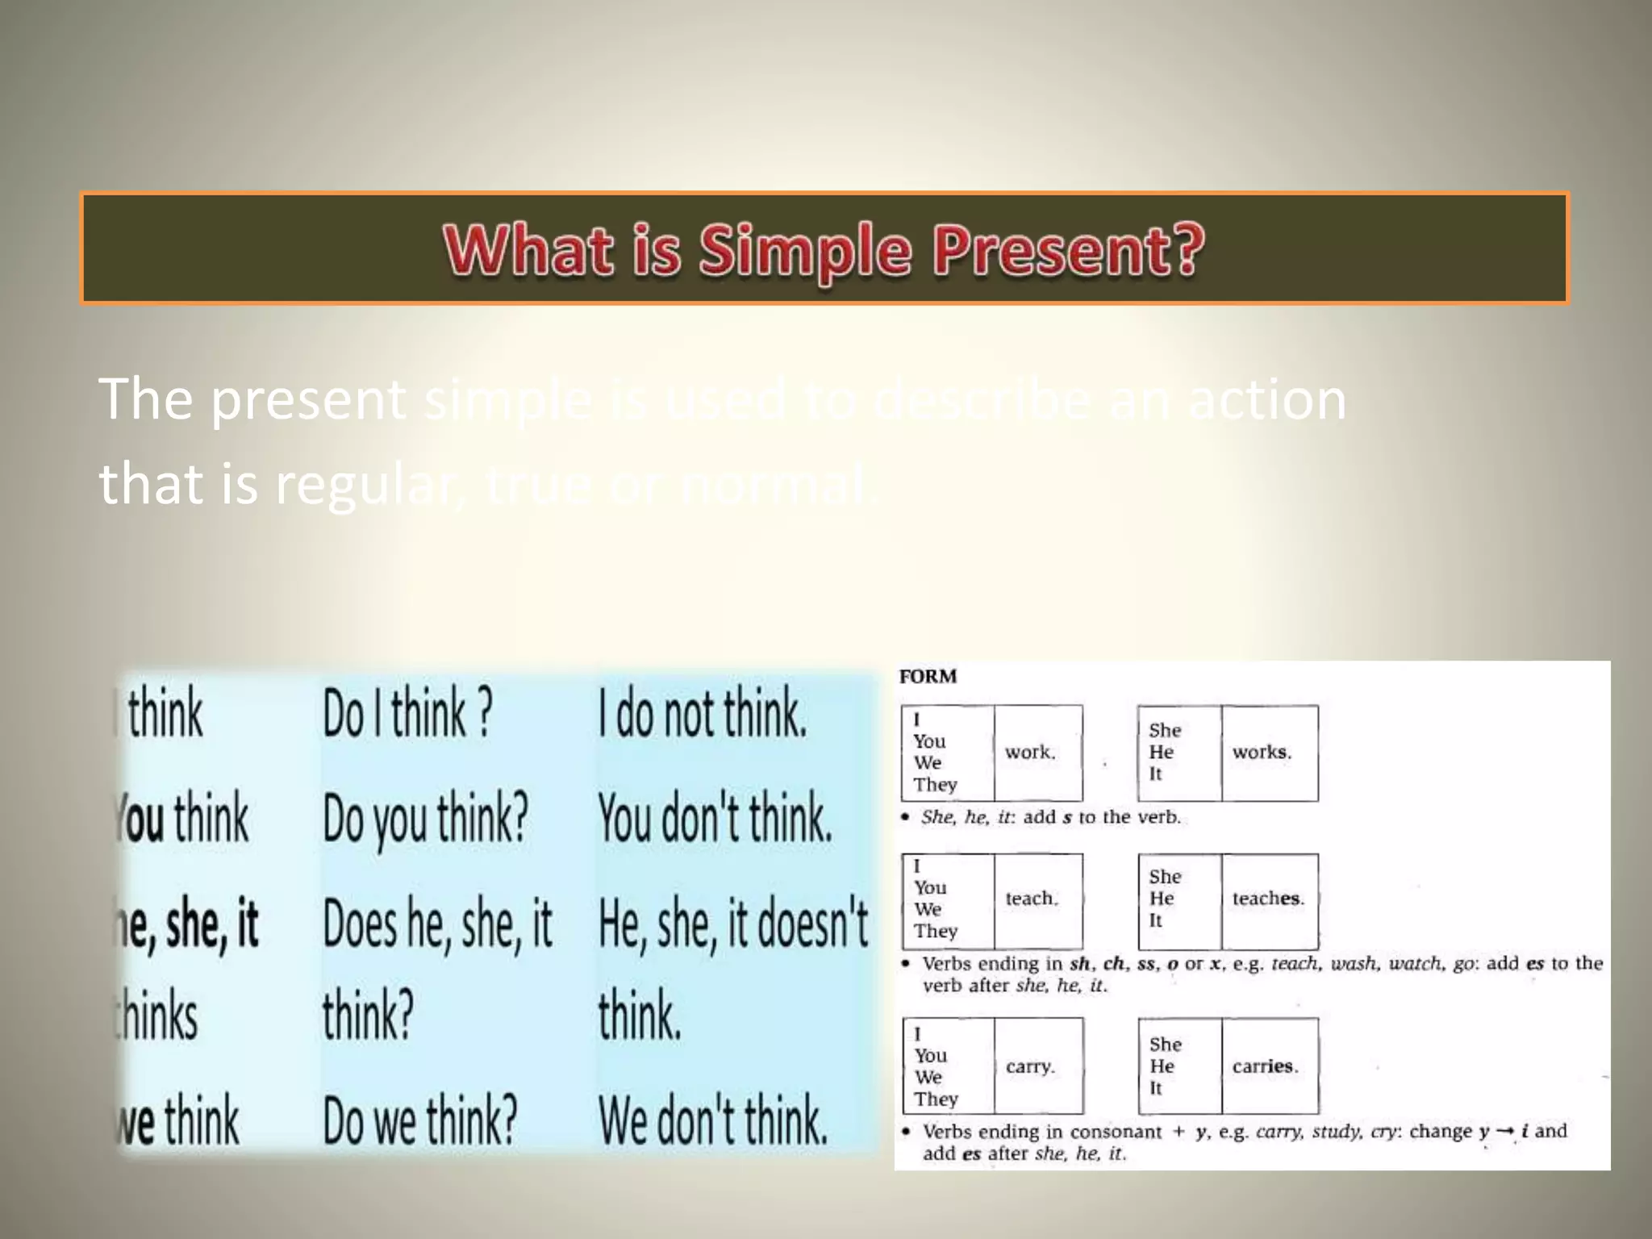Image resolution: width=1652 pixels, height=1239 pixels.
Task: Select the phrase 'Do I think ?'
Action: click(x=407, y=713)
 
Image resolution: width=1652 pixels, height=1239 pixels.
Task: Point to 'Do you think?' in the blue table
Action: click(x=425, y=819)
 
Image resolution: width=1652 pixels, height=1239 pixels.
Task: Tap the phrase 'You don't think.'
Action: click(x=715, y=819)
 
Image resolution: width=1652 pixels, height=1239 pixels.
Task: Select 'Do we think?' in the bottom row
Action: click(x=419, y=1121)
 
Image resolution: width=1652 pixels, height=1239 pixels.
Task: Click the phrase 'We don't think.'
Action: click(x=713, y=1121)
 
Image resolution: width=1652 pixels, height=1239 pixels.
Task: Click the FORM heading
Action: click(x=928, y=677)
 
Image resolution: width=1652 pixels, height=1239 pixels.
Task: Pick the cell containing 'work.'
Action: click(x=1037, y=753)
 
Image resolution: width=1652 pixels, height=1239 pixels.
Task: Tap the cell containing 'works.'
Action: click(x=1269, y=753)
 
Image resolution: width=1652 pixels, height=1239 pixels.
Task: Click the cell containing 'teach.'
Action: click(x=1038, y=899)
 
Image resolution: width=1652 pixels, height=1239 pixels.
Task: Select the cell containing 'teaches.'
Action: click(x=1269, y=899)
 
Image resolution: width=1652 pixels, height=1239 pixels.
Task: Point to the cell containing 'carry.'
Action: click(x=1038, y=1066)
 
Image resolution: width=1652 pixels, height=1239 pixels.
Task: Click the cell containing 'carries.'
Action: click(x=1269, y=1066)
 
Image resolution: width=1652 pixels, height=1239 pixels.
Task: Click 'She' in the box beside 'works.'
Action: click(x=1165, y=731)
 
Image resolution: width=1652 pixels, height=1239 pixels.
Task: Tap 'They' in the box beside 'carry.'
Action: click(x=936, y=1099)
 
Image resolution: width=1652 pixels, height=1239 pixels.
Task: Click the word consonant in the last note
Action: click(x=1116, y=1132)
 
